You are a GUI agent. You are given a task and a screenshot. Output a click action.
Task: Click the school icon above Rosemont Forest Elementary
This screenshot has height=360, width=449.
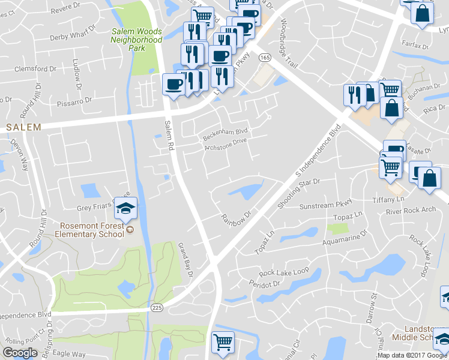pyautogui.click(x=125, y=209)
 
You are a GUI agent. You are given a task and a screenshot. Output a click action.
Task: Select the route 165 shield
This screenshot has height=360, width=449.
pyautogui.click(x=264, y=57)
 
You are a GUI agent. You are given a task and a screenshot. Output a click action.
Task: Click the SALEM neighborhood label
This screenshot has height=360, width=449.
pyautogui.click(x=23, y=127)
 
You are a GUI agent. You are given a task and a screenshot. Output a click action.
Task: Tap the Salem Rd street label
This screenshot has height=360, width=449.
pyautogui.click(x=169, y=134)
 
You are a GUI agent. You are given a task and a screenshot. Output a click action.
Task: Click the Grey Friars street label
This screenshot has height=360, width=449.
pyautogui.click(x=96, y=208)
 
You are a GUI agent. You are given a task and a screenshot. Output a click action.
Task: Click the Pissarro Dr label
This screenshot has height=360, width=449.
pyautogui.click(x=75, y=100)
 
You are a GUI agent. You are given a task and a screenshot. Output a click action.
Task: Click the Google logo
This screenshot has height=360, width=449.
pyautogui.click(x=20, y=353)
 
